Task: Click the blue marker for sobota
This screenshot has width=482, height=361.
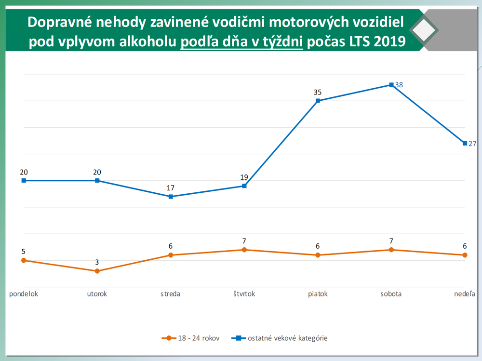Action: click(391, 85)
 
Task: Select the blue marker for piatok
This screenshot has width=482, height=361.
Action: click(318, 101)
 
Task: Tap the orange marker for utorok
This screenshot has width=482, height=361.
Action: click(97, 271)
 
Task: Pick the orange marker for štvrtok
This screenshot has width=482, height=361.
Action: click(244, 250)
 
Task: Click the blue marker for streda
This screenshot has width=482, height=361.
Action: click(171, 197)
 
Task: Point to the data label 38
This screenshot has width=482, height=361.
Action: click(399, 85)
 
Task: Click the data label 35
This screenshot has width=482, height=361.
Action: click(317, 92)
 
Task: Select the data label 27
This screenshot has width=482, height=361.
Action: click(472, 144)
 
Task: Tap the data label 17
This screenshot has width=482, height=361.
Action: click(171, 187)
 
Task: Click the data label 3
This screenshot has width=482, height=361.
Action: click(97, 262)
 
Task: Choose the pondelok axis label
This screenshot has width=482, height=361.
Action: click(24, 294)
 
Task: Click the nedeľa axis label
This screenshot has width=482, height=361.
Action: click(465, 294)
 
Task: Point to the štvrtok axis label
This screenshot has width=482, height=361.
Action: click(244, 294)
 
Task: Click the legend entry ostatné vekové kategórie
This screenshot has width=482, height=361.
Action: click(287, 338)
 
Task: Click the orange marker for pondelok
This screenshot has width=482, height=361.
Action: click(24, 260)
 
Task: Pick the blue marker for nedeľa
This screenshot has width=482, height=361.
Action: click(465, 143)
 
